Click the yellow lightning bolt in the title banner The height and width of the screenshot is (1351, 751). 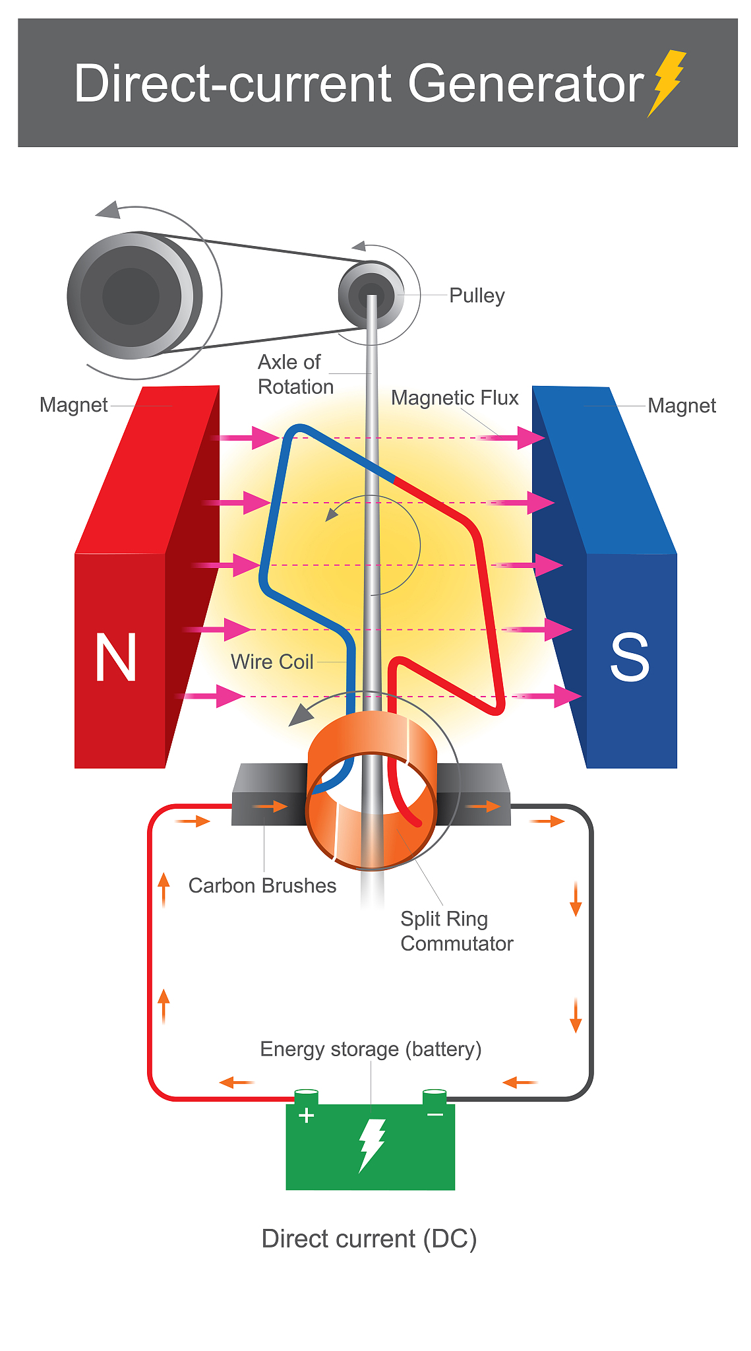pos(667,83)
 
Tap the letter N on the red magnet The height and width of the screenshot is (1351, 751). pos(116,657)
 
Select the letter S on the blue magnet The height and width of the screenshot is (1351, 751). pos(630,657)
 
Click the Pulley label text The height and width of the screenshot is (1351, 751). pos(477,296)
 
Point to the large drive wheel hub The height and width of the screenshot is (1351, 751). pos(131,296)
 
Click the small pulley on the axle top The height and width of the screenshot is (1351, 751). pos(371,294)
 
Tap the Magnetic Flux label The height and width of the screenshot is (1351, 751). pos(454,398)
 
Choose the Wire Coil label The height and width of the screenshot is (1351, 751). pos(272,662)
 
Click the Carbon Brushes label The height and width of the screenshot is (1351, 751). pos(262,885)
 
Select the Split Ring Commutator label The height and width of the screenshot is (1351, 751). pos(456,931)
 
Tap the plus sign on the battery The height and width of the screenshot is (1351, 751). pos(306,1115)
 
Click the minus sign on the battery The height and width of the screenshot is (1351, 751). pos(435,1115)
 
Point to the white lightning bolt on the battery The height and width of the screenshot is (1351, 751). pos(371,1145)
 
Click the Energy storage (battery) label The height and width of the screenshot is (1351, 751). pos(371,1049)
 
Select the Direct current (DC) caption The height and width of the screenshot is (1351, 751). pos(369,1239)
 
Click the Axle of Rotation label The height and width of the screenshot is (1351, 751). pos(295,374)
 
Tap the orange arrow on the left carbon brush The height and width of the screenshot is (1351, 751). pos(270,806)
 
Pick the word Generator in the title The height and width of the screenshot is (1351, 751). pos(526,84)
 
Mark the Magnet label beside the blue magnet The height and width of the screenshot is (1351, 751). pos(682,406)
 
